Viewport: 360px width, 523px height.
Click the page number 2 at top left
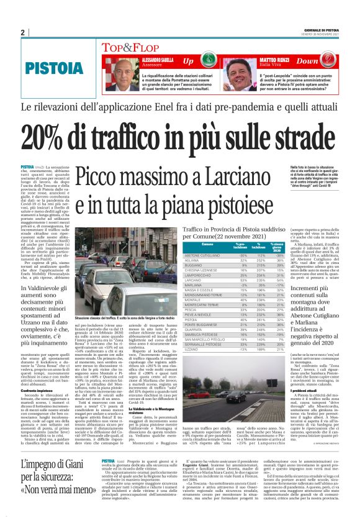tap(23, 32)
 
